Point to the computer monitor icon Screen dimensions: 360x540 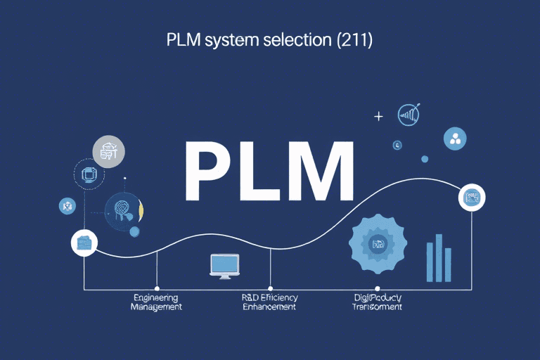click(x=225, y=266)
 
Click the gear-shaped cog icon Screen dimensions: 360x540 click(x=378, y=244)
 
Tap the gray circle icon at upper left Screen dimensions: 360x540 click(x=109, y=151)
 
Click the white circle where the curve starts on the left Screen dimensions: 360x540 click(x=84, y=243)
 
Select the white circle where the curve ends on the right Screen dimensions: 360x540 click(x=471, y=198)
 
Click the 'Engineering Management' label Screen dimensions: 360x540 click(x=156, y=302)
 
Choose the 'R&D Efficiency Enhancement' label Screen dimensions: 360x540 click(x=269, y=302)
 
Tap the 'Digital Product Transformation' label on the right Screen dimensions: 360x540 click(x=378, y=302)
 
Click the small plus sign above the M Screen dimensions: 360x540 click(x=378, y=117)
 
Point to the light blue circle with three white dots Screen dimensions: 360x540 click(x=455, y=139)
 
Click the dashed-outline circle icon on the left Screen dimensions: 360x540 click(x=90, y=174)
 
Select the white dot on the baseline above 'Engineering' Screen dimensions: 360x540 click(x=156, y=288)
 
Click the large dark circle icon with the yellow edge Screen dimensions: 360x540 click(x=124, y=210)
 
